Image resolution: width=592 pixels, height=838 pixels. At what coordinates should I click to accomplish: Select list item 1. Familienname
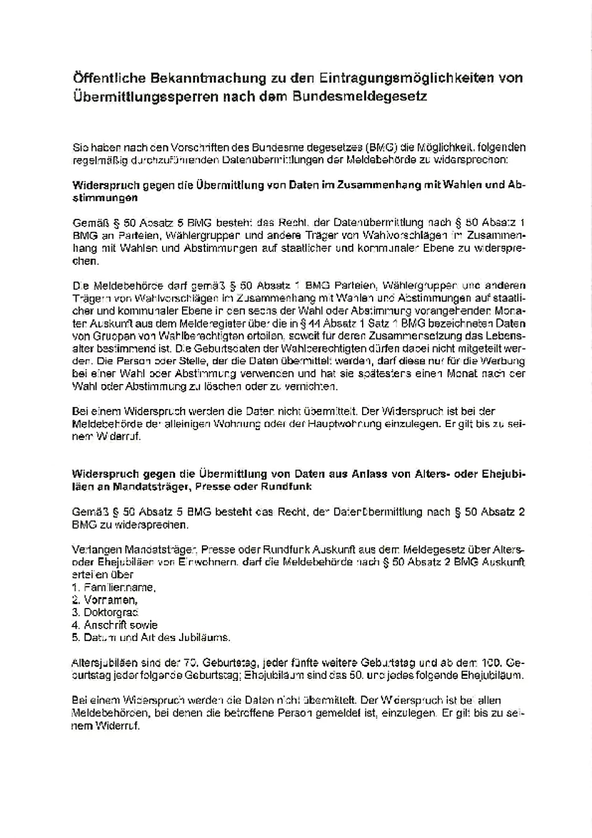tap(113, 587)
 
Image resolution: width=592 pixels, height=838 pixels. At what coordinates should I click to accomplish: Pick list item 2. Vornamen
tap(105, 600)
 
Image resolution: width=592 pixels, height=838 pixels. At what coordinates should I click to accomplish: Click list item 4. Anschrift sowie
tap(115, 625)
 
